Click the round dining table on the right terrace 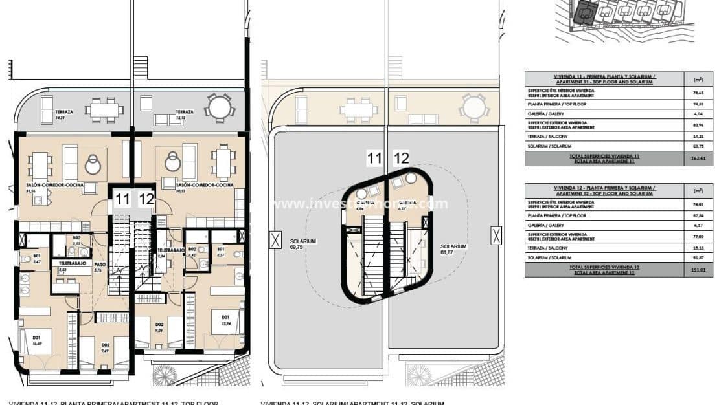click(x=220, y=107)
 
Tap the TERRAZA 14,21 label click(x=63, y=115)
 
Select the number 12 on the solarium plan click(x=402, y=158)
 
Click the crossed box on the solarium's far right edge click(x=496, y=235)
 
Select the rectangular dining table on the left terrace click(x=104, y=110)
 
